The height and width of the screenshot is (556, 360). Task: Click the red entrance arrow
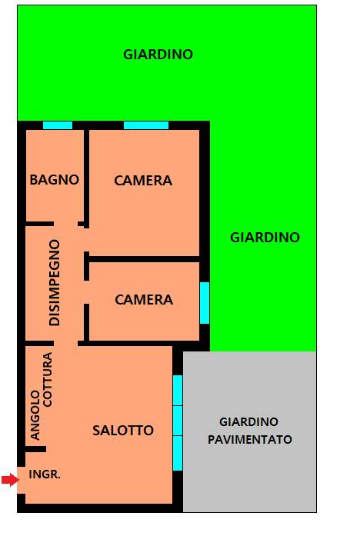9,480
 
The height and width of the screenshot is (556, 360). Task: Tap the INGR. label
45,474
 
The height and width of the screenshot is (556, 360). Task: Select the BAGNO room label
55,180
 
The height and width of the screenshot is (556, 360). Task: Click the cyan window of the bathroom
58,125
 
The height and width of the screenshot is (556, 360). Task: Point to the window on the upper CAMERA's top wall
146,125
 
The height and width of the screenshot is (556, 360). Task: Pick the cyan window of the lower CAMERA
205,303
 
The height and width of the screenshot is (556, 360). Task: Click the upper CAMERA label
143,181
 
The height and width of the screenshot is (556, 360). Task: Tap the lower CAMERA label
144,300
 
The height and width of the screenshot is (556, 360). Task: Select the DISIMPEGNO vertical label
55,282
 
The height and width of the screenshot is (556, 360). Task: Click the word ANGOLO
35,415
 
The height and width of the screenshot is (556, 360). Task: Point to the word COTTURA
47,379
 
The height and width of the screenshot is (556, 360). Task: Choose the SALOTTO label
123,431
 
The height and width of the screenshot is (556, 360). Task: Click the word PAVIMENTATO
250,440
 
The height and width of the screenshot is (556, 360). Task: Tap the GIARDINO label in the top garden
158,55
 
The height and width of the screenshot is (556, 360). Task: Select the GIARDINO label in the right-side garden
265,237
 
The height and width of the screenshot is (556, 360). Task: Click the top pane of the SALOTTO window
178,390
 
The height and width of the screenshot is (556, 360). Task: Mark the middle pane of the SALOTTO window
178,421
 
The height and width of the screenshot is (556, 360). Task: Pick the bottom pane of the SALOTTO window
178,453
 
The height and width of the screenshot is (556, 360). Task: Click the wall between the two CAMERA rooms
144,259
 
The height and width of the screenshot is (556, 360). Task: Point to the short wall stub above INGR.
35,449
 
